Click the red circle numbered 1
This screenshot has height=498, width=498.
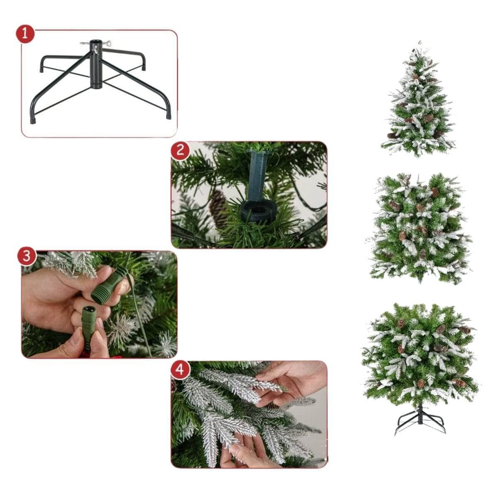(25, 34)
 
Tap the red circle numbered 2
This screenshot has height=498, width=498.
(180, 150)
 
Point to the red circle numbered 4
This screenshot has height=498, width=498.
(180, 370)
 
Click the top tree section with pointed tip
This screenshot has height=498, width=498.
(418, 100)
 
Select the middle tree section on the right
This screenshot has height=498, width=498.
(419, 228)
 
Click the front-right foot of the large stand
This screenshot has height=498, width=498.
(168, 116)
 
